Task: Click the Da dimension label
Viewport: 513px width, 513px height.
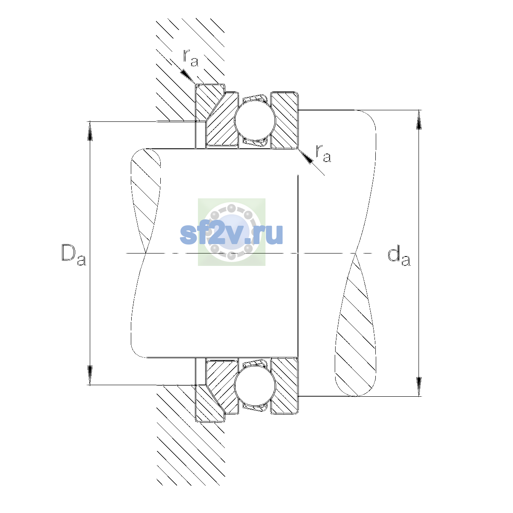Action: coord(74,255)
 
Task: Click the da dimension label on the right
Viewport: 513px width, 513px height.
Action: coord(399,256)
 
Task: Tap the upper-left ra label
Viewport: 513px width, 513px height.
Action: coord(191,58)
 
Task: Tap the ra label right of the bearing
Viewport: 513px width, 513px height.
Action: coord(323,153)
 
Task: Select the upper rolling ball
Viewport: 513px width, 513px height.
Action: coord(255,120)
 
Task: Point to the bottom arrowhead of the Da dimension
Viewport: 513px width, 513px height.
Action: coord(90,376)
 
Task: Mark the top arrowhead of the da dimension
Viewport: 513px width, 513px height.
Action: coord(419,119)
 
